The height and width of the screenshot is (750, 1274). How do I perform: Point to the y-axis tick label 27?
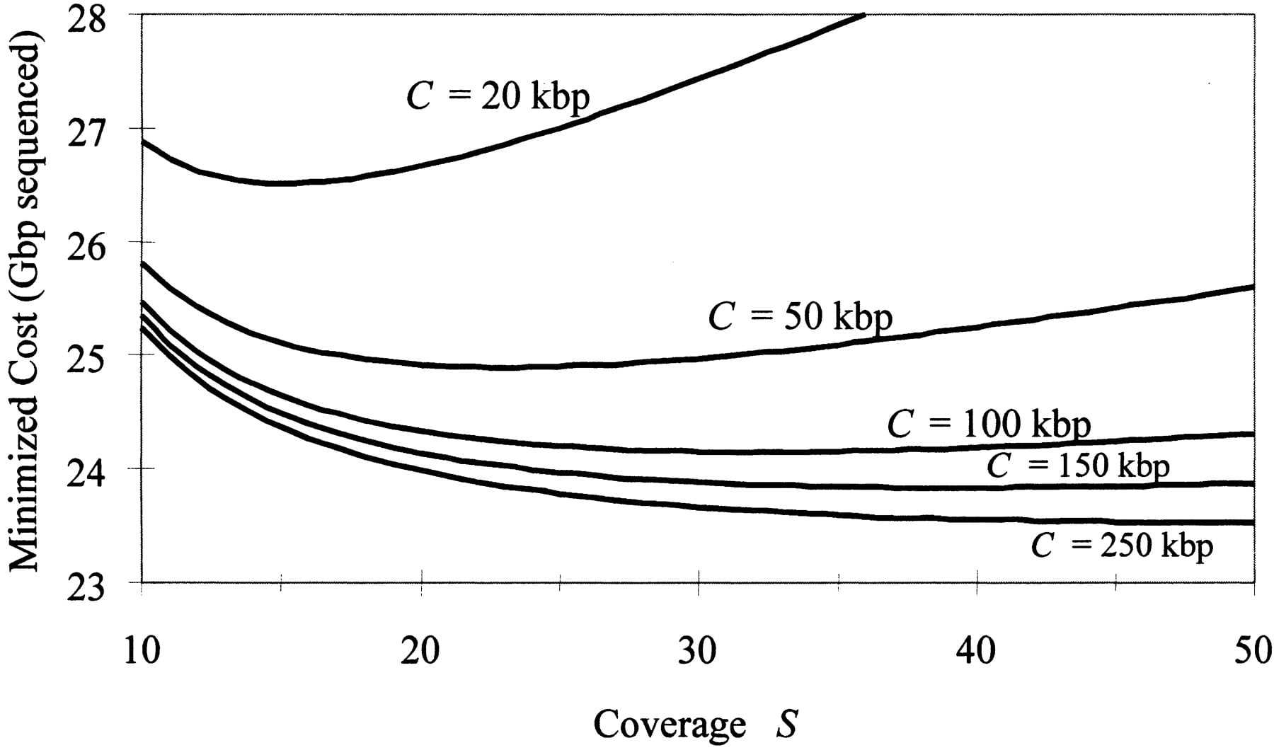click(86, 129)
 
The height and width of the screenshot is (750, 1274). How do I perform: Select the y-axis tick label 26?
click(86, 243)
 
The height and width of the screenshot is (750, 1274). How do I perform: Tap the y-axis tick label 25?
click(86, 356)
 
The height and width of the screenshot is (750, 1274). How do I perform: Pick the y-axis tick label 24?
click(86, 469)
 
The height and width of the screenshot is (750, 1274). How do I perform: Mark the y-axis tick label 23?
click(86, 582)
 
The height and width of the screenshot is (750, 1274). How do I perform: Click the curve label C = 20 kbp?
click(498, 97)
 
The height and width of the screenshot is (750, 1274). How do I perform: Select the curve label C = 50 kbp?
click(800, 316)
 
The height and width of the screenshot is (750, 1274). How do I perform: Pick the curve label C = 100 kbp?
click(989, 425)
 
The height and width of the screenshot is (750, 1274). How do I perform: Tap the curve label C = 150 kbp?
click(1078, 466)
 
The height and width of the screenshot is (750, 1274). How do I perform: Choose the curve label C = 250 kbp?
click(1123, 546)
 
